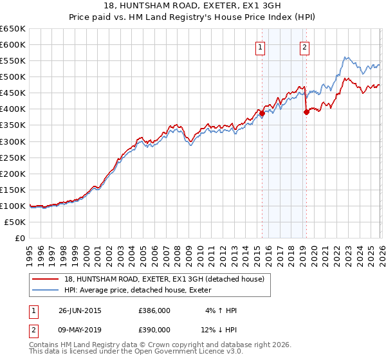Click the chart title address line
193,6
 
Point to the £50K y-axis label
15,222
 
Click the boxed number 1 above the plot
259,46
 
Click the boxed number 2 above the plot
304,46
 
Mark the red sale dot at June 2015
262,113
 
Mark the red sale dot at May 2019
306,112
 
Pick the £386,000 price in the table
154,310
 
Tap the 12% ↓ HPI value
219,330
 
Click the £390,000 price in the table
154,330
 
